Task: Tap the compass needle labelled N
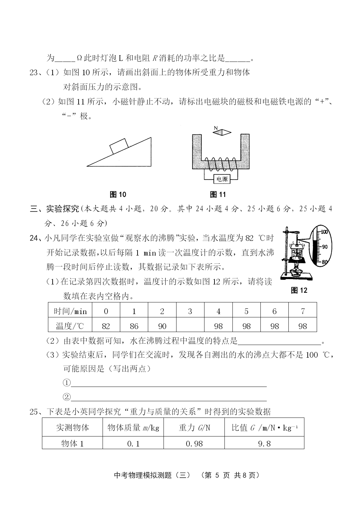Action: (x=222, y=132)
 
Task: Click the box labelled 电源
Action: (x=222, y=179)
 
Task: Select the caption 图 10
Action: (x=118, y=195)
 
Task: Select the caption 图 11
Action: (x=218, y=195)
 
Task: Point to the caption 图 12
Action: (x=299, y=290)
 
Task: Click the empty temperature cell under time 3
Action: (x=190, y=326)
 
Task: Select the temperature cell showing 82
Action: (x=106, y=326)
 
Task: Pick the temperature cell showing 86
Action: (x=134, y=326)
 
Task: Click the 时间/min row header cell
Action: (x=70, y=311)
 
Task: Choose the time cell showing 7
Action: (x=302, y=311)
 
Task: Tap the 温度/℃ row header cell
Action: (x=70, y=326)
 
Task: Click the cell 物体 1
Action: (x=72, y=443)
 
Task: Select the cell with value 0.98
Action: (x=194, y=443)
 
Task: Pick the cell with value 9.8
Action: (x=264, y=443)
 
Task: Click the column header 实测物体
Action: (x=72, y=427)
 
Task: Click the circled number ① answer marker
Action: (x=67, y=383)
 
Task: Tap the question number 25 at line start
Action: (x=34, y=412)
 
